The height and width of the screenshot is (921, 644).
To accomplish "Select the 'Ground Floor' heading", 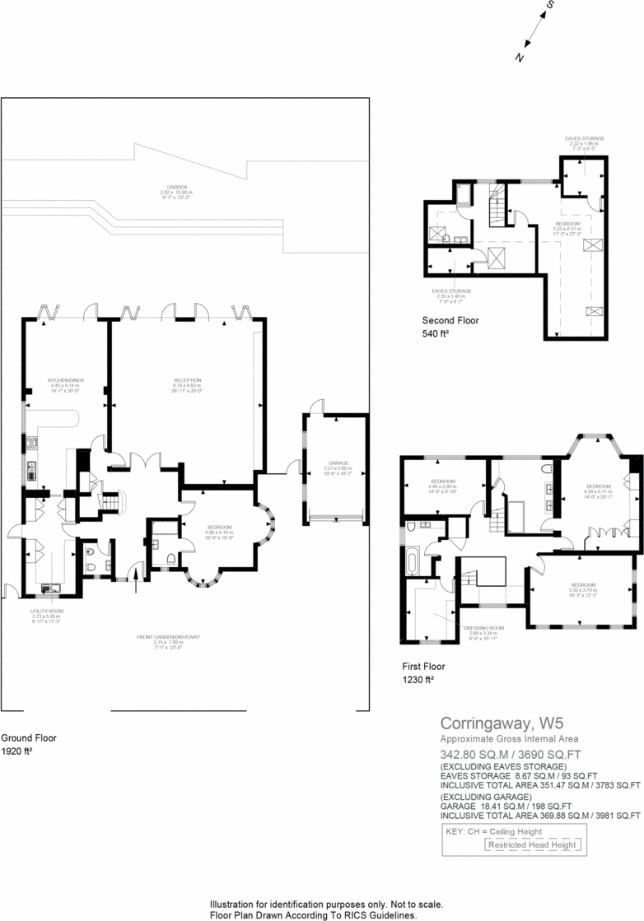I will pyautogui.click(x=29, y=738).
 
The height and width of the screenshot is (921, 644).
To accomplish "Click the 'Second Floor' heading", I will pyautogui.click(x=450, y=320).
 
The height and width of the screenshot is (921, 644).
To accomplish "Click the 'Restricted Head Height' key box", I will pyautogui.click(x=533, y=844).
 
